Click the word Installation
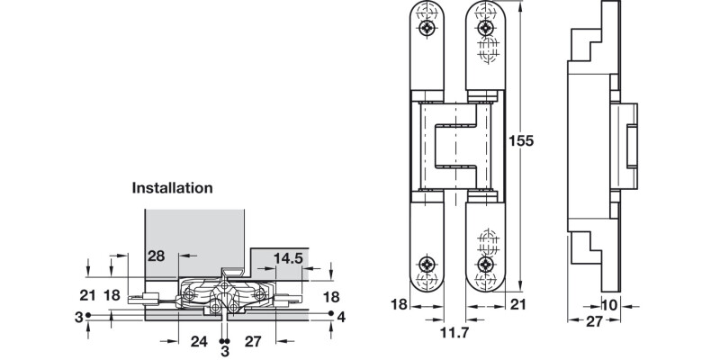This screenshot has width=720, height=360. point(172,188)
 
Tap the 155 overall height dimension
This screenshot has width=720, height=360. point(522,141)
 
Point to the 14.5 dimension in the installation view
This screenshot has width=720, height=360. point(287,258)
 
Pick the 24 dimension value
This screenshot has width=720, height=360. point(200,342)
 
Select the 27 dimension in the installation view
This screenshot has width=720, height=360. point(253,342)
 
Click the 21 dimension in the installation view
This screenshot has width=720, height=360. point(87,295)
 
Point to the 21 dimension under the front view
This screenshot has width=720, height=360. point(517,305)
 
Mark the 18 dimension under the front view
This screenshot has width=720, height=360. point(400,305)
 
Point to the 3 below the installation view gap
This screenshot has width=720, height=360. point(225,352)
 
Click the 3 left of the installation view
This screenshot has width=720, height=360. point(78,316)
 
